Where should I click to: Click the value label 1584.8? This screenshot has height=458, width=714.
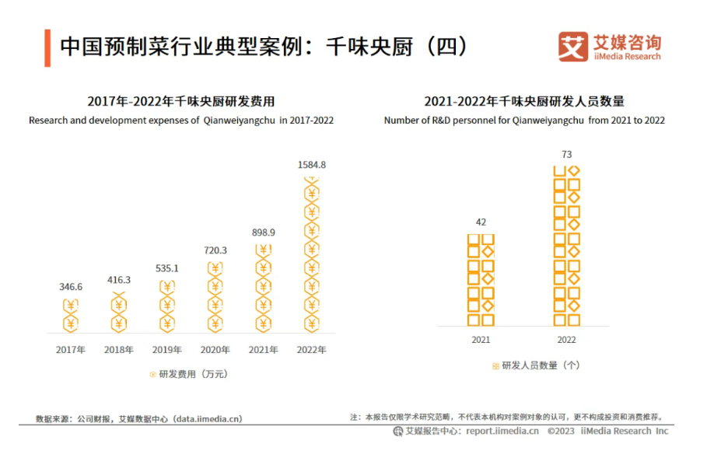pyautogui.click(x=312, y=165)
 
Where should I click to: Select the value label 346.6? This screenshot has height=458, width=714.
pyautogui.click(x=71, y=287)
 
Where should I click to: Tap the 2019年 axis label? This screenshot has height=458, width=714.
pyautogui.click(x=167, y=350)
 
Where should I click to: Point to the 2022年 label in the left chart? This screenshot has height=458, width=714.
pyautogui.click(x=312, y=350)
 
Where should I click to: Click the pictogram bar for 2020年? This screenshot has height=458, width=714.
pyautogui.click(x=215, y=296)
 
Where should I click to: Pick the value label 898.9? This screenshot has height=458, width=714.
pyautogui.click(x=264, y=232)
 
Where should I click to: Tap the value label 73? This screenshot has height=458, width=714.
pyautogui.click(x=566, y=155)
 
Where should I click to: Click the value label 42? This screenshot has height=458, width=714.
pyautogui.click(x=481, y=222)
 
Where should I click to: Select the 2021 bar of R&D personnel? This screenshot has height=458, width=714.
pyautogui.click(x=481, y=280)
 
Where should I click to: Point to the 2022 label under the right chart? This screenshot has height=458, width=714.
pyautogui.click(x=566, y=340)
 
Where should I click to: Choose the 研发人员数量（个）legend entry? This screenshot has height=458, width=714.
pyautogui.click(x=536, y=365)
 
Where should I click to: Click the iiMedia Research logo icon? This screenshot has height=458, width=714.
pyautogui.click(x=573, y=47)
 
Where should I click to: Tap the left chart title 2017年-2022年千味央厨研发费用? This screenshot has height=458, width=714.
pyautogui.click(x=181, y=101)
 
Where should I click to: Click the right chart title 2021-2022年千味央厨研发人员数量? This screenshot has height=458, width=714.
pyautogui.click(x=524, y=101)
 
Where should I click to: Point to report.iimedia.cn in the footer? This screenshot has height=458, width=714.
pyautogui.click(x=502, y=431)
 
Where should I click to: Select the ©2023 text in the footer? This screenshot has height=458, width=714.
pyautogui.click(x=561, y=431)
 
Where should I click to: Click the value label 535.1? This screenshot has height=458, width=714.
pyautogui.click(x=167, y=269)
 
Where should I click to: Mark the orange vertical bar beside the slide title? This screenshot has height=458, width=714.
pyautogui.click(x=47, y=47)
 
